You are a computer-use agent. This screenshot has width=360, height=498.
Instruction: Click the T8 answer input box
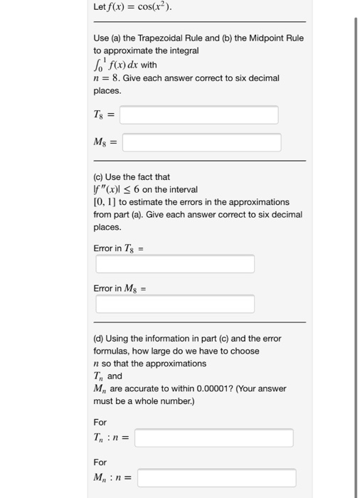pyautogui.click(x=198, y=115)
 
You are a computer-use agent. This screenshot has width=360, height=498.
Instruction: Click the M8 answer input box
pyautogui.click(x=201, y=143)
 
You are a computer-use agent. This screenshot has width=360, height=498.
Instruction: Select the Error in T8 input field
pyautogui.click(x=175, y=264)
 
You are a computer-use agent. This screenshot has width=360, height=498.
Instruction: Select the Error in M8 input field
pyautogui.click(x=175, y=304)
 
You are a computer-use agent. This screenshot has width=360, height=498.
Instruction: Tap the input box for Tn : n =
pyautogui.click(x=213, y=438)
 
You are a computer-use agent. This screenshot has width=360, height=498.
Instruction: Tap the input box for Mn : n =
pyautogui.click(x=216, y=477)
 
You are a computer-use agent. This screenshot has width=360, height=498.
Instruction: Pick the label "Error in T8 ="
pyautogui.click(x=119, y=248)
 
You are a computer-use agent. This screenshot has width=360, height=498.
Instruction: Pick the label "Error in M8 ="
pyautogui.click(x=120, y=288)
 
